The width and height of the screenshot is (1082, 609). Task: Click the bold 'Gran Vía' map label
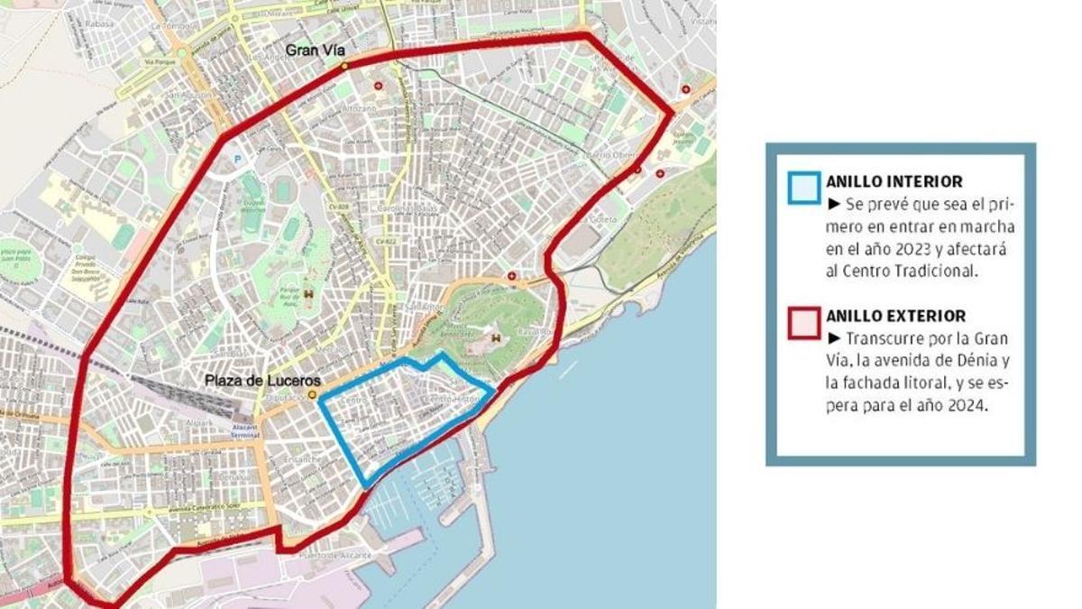(316, 51)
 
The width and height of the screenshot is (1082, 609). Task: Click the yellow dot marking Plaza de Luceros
(313, 395)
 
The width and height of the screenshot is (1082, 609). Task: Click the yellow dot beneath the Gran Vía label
(344, 65)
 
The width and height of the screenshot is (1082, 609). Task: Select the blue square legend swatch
(803, 188)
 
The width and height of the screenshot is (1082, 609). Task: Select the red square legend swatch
(803, 322)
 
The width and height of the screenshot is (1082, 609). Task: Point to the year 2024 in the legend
(965, 407)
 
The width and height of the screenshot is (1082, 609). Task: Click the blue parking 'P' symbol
(238, 158)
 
